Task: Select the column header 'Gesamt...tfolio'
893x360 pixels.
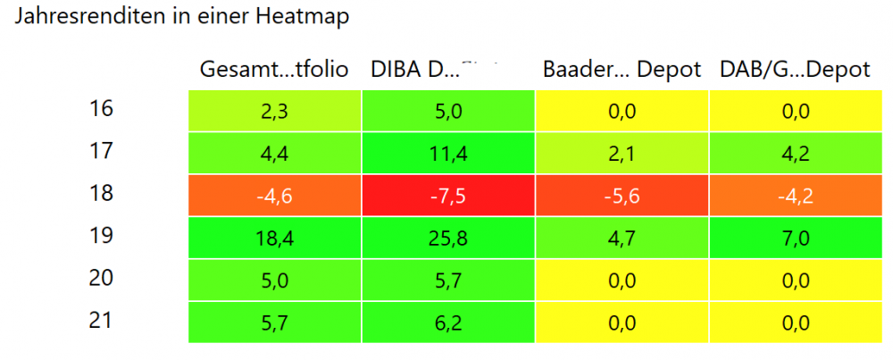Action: point(273,71)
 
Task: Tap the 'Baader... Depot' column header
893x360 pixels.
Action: point(622,71)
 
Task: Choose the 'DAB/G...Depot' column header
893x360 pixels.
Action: point(795,71)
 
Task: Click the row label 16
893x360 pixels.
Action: point(102,111)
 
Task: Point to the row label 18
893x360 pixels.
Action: point(102,193)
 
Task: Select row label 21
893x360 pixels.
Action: point(102,321)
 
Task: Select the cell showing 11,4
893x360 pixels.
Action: point(448,155)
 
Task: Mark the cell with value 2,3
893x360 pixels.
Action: point(275,112)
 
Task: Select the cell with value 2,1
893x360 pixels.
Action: point(622,155)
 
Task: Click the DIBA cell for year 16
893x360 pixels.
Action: point(448,112)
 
